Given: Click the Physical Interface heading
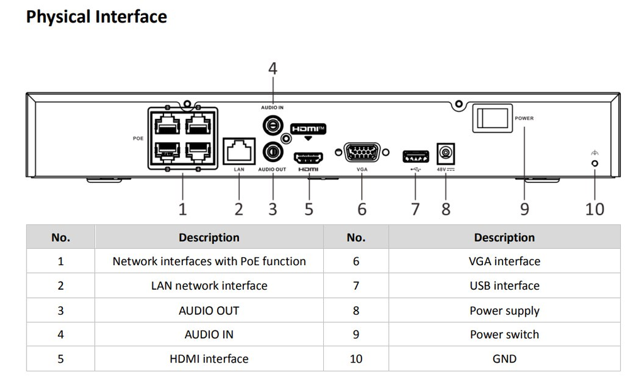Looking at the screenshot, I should pyautogui.click(x=96, y=17).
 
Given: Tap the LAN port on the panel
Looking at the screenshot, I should pyautogui.click(x=239, y=151).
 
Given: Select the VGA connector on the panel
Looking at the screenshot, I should pyautogui.click(x=362, y=152).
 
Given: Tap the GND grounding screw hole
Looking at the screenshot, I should pyautogui.click(x=595, y=163).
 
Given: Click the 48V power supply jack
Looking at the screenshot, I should pyautogui.click(x=445, y=153).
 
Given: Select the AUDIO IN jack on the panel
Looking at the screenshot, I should pyautogui.click(x=272, y=126).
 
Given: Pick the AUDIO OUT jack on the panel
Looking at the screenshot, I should pyautogui.click(x=272, y=151).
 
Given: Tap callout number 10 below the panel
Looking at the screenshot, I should pyautogui.click(x=594, y=209).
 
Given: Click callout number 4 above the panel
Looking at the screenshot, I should pyautogui.click(x=272, y=68).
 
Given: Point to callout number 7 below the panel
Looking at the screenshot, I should pyautogui.click(x=415, y=209).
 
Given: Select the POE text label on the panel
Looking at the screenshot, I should pyautogui.click(x=138, y=138).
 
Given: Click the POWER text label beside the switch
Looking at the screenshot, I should pyautogui.click(x=524, y=118).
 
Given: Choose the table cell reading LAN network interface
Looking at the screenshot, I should pyautogui.click(x=209, y=286).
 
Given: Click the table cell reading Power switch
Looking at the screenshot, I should pyautogui.click(x=504, y=334).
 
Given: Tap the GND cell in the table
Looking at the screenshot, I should pyautogui.click(x=504, y=359).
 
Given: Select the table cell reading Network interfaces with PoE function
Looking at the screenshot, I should pyautogui.click(x=209, y=261).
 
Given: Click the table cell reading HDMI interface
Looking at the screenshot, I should pyautogui.click(x=209, y=359).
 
